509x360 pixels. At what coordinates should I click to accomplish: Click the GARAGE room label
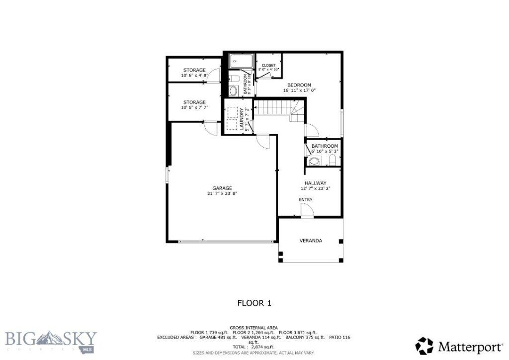click(x=222, y=188)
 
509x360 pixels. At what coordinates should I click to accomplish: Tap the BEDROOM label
click(x=299, y=85)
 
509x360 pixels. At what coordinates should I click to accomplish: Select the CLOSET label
click(x=268, y=65)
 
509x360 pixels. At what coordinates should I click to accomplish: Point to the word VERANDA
click(x=311, y=241)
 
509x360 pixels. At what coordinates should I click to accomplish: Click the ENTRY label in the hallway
click(x=306, y=200)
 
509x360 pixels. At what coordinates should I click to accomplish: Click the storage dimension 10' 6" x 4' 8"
click(x=194, y=76)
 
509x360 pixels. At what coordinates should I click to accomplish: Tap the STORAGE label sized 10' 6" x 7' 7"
click(x=194, y=102)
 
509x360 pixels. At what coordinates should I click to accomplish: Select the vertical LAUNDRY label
click(x=242, y=119)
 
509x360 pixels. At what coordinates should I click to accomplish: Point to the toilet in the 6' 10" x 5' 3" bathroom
click(x=333, y=160)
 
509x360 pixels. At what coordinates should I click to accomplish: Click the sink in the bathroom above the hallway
click(x=314, y=161)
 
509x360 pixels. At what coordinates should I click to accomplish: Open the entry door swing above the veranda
click(x=307, y=212)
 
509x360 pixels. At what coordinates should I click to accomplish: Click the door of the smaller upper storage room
click(x=214, y=76)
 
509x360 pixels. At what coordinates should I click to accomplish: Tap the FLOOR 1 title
click(x=254, y=303)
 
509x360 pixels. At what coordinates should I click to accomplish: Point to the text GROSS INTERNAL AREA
click(x=254, y=328)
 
